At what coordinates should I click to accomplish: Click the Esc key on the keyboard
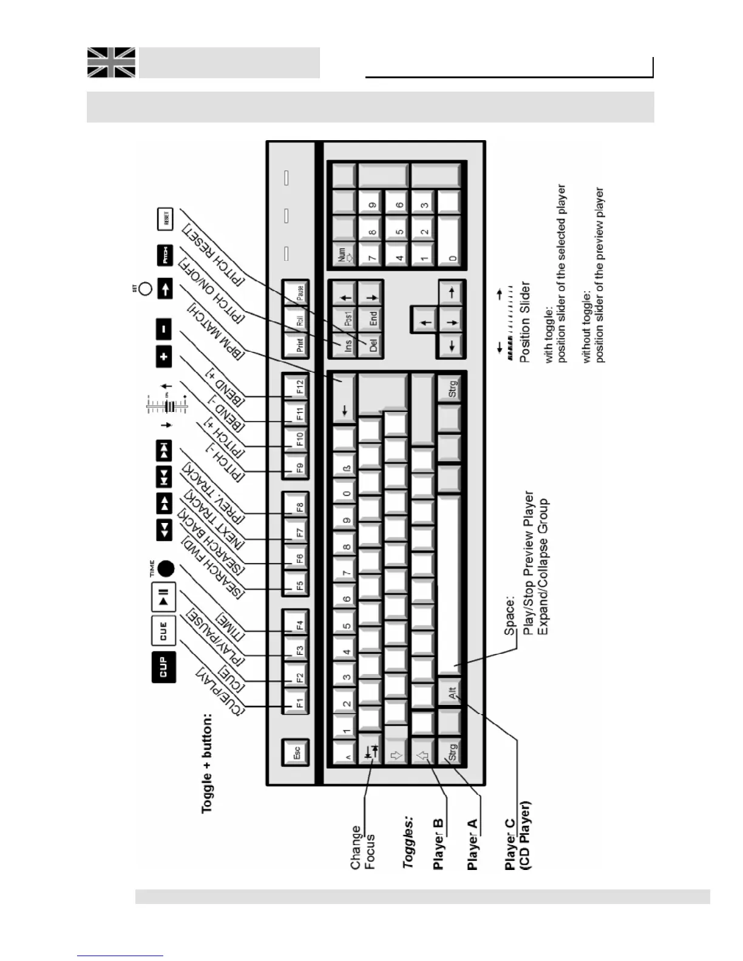[297, 752]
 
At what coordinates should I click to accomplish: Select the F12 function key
[297, 386]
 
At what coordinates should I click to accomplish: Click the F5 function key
[297, 585]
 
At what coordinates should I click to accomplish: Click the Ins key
[347, 345]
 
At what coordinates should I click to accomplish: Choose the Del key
[372, 345]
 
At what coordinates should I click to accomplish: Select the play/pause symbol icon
[163, 595]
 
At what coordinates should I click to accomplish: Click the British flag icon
[111, 62]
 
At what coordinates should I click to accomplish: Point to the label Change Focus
[363, 847]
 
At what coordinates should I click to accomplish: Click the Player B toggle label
[439, 844]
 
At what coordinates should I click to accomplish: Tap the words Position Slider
[526, 322]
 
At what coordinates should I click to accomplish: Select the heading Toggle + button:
[208, 763]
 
